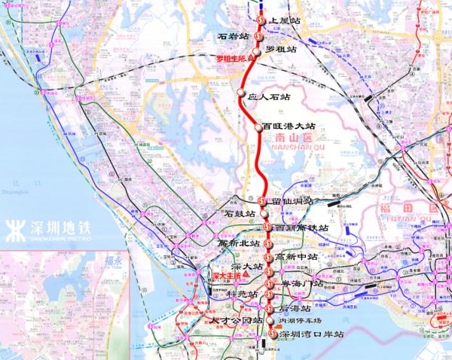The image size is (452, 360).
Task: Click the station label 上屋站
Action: pyautogui.click(x=284, y=21)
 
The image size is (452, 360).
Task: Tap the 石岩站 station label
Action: pyautogui.click(x=232, y=36)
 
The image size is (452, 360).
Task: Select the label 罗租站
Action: pyautogui.click(x=281, y=50)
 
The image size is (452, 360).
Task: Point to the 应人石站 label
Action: pyautogui.click(x=269, y=96)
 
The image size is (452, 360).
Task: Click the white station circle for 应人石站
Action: pyautogui.click(x=242, y=93)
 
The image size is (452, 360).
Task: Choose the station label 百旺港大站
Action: pyautogui.click(x=290, y=127)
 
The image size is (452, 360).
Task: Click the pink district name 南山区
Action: pyautogui.click(x=291, y=139)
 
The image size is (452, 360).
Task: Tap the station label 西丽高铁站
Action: pyautogui.click(x=301, y=227)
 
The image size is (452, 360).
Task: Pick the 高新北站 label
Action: pyautogui.click(x=238, y=243)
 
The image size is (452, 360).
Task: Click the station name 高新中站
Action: pyautogui.click(x=296, y=257)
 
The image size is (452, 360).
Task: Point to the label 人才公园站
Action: pyautogui.click(x=237, y=320)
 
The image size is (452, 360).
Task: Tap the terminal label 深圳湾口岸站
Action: pyautogui.click(x=310, y=333)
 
